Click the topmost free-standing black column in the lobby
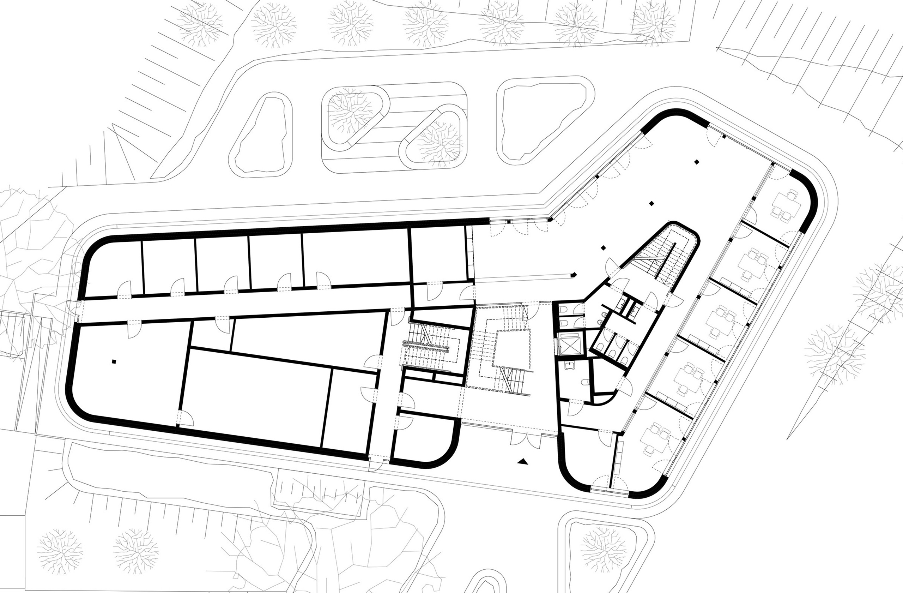pyautogui.click(x=696, y=162)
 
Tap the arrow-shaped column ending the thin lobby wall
pyautogui.click(x=574, y=275)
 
